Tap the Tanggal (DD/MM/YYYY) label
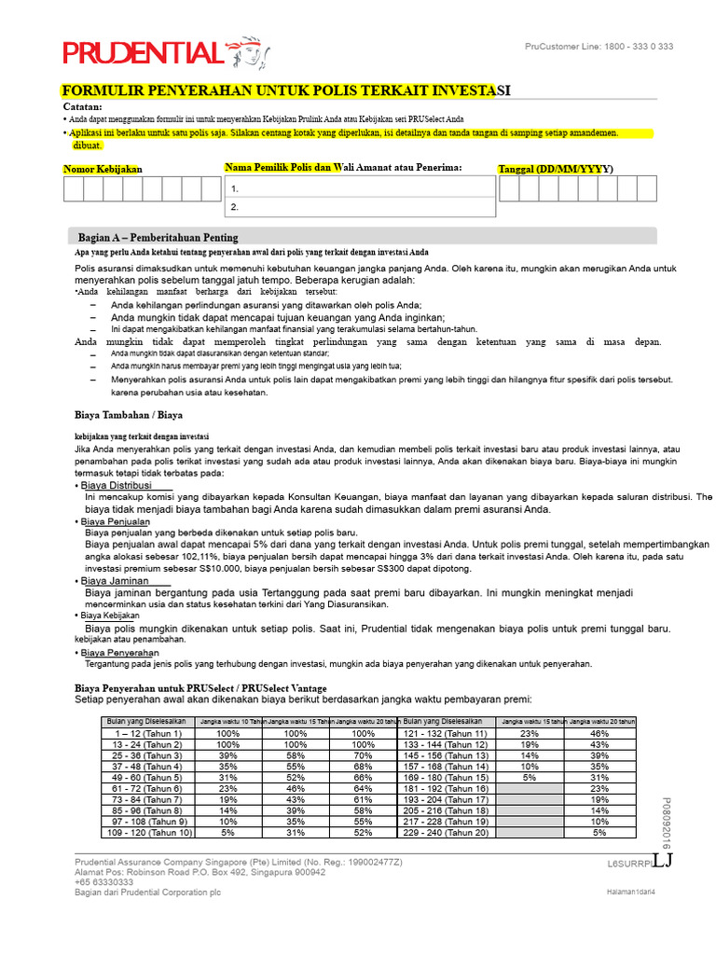[556, 169]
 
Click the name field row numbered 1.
[357, 188]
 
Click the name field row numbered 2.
[357, 207]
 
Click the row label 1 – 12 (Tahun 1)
[147, 734]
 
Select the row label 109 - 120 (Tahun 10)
[147, 832]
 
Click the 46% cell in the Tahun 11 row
[599, 734]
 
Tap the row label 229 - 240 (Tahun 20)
[444, 832]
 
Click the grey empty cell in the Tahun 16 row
[530, 788]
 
